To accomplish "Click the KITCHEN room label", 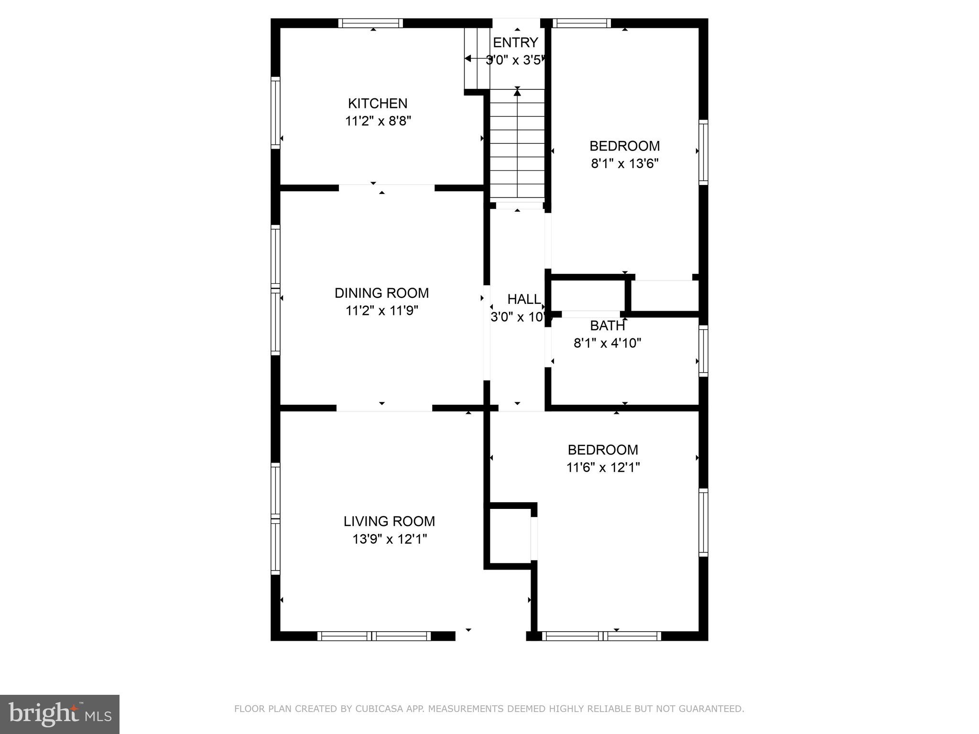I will (377, 103).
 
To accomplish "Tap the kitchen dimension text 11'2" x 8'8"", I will (378, 121).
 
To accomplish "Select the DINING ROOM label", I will (381, 293).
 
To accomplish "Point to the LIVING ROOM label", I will (389, 521).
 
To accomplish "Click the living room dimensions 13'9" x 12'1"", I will (389, 540).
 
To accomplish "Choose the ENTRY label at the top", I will (515, 43).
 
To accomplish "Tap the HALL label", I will (523, 300).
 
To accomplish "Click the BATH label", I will (607, 326).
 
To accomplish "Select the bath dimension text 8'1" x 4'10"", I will (607, 343).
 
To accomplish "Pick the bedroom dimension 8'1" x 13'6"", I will (625, 164).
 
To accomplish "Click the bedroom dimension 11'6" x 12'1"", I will (603, 467).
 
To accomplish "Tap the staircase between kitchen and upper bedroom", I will (517, 143).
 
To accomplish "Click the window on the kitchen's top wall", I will (370, 23).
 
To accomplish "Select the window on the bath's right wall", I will (703, 351).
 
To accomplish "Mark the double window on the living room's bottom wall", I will (374, 636).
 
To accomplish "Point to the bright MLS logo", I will (60, 714).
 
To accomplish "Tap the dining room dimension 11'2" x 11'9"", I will (381, 311).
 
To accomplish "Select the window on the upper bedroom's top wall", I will (582, 23).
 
